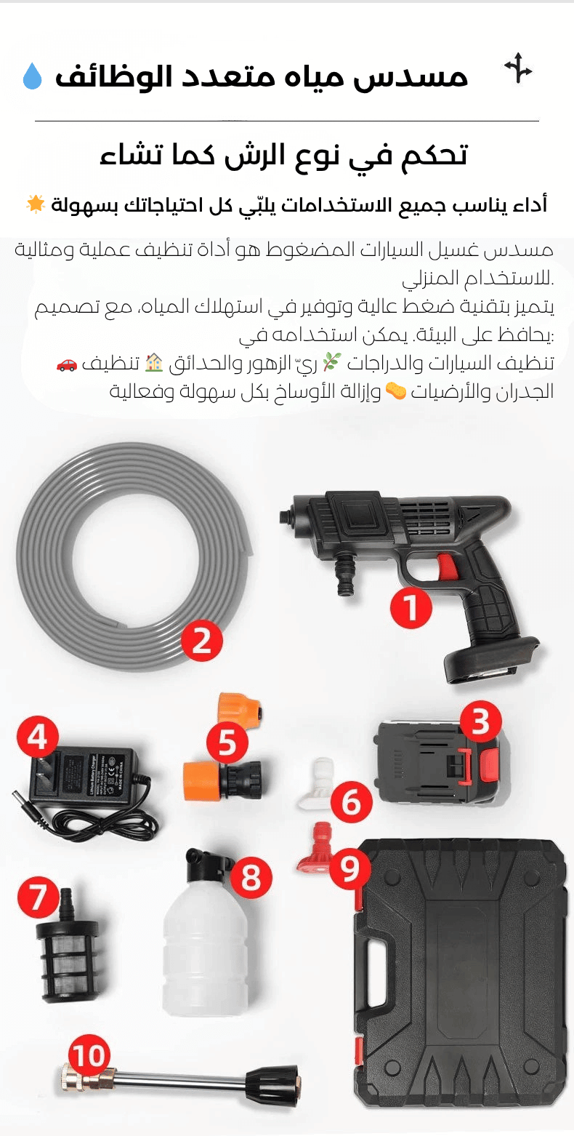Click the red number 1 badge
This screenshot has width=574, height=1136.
click(x=411, y=607)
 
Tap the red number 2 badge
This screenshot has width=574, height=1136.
click(x=201, y=641)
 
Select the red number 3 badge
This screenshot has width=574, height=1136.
click(x=480, y=721)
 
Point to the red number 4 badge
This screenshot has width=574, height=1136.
click(x=38, y=736)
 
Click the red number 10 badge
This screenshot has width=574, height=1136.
click(x=89, y=1055)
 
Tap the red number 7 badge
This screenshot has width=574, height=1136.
click(x=38, y=897)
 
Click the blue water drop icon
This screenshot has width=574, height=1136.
click(x=32, y=76)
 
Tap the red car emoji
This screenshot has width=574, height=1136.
click(x=67, y=364)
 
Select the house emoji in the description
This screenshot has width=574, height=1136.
click(x=155, y=363)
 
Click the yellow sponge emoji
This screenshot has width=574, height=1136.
click(x=396, y=391)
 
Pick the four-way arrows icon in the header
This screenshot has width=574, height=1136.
click(x=518, y=68)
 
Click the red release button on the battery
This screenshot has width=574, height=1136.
click(x=488, y=765)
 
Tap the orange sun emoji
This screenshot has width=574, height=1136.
click(x=36, y=204)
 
